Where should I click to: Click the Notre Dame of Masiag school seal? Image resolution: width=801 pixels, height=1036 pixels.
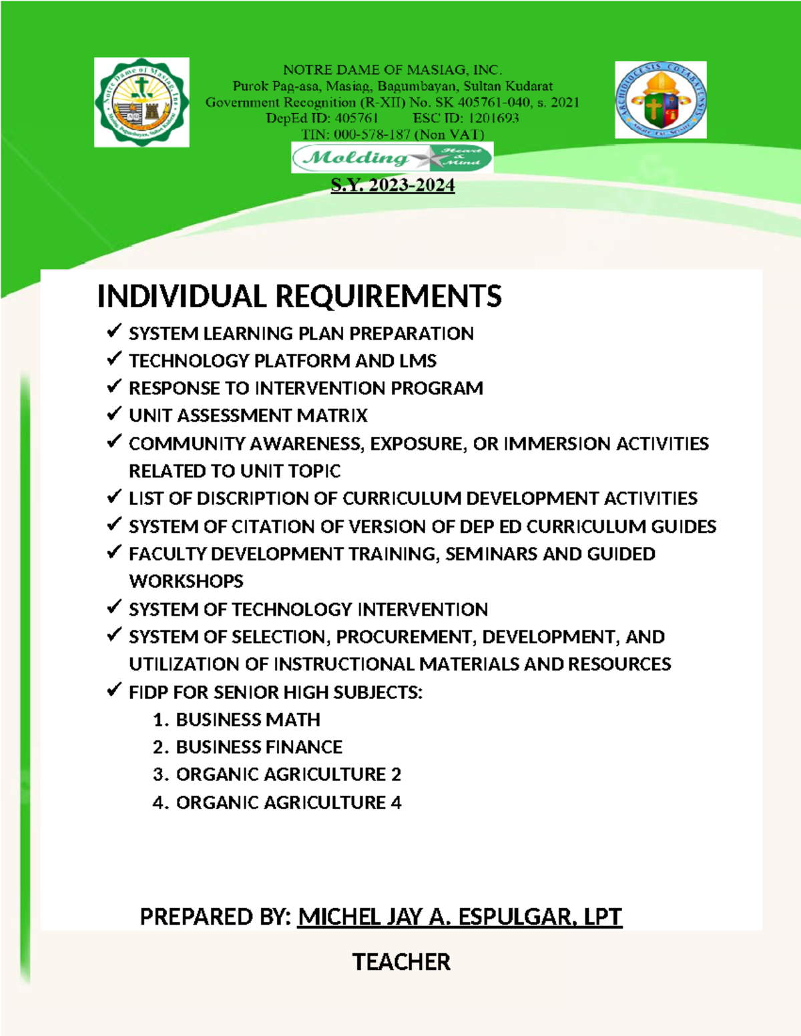click(x=142, y=102)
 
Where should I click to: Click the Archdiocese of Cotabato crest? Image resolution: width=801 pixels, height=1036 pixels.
click(x=661, y=100)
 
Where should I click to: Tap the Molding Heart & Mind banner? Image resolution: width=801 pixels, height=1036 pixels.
click(x=392, y=158)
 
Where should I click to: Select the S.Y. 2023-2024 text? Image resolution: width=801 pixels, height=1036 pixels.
click(x=392, y=185)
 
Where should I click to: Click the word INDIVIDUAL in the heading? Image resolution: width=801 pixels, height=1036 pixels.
click(x=182, y=297)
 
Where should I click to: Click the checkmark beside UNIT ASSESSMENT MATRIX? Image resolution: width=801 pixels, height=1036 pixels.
click(x=114, y=414)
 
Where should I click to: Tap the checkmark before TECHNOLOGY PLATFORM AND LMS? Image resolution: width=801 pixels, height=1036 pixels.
click(x=114, y=359)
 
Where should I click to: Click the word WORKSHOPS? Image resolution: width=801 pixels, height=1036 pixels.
click(x=186, y=581)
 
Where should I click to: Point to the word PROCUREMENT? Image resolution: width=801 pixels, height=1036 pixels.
click(x=405, y=637)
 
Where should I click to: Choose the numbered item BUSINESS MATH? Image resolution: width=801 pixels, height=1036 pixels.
click(x=248, y=720)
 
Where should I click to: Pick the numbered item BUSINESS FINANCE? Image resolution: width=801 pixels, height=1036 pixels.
click(x=259, y=747)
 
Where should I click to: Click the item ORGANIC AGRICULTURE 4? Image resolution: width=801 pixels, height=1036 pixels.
click(x=288, y=803)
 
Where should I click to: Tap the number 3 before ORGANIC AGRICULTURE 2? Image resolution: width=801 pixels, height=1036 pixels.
click(x=158, y=775)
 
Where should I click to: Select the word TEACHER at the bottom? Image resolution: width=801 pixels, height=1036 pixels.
click(x=401, y=962)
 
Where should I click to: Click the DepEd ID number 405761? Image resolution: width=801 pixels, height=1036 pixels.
click(x=356, y=118)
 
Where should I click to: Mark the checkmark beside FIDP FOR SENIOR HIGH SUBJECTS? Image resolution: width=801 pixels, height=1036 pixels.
click(x=114, y=690)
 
